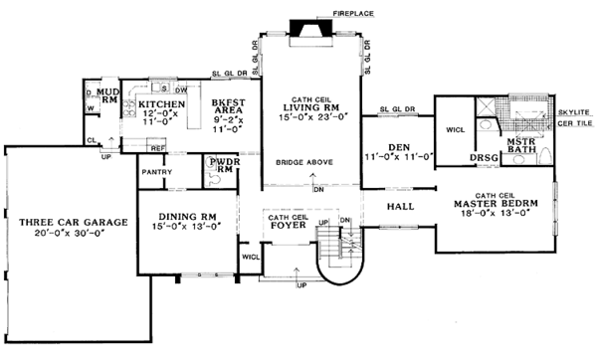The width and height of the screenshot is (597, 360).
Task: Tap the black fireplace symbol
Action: pyautogui.click(x=300, y=26)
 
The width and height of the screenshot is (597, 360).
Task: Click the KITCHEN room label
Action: pyautogui.click(x=160, y=102)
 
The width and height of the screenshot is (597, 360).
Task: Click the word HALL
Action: pyautogui.click(x=403, y=207)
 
